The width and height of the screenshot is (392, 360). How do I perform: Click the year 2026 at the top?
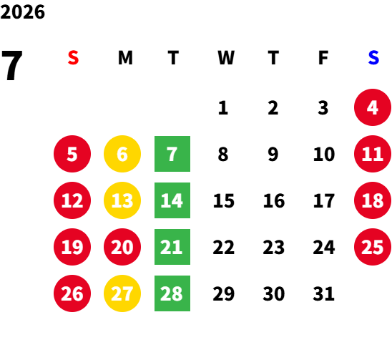point(23,12)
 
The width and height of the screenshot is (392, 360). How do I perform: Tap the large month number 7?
point(12,65)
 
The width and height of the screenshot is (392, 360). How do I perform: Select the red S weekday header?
point(73,58)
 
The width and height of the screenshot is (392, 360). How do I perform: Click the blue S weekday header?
point(373,58)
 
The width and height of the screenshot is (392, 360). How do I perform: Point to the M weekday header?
point(125,58)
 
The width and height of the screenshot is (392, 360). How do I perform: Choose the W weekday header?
point(226,58)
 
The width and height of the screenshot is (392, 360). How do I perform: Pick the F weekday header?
point(323,58)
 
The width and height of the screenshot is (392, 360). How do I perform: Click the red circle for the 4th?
point(373,107)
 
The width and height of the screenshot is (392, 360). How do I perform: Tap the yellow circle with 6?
point(122,154)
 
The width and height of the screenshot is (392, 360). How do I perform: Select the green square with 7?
point(172,154)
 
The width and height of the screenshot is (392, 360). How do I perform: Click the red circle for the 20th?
point(122,247)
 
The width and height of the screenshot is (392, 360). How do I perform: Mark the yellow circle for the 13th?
point(122,200)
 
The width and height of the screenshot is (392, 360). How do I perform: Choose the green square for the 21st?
point(172,247)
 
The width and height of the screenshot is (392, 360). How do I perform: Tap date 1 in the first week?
point(223,108)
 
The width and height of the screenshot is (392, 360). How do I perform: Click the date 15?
point(224,200)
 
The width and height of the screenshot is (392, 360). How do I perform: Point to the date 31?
point(323,293)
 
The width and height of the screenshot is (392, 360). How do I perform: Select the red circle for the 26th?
point(72,293)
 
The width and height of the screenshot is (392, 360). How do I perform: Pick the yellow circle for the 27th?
point(122,293)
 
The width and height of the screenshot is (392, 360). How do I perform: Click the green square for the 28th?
point(172,293)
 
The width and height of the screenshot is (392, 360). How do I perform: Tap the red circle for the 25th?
point(373,247)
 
